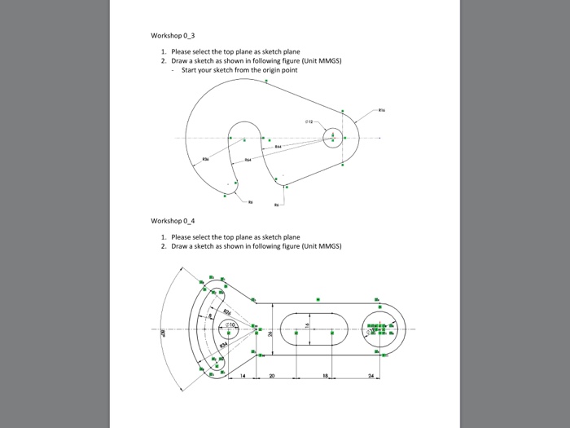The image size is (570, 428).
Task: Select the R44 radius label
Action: point(278,148)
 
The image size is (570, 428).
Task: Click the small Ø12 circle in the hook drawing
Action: point(333,137)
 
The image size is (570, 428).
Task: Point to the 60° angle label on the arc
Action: point(162,332)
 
